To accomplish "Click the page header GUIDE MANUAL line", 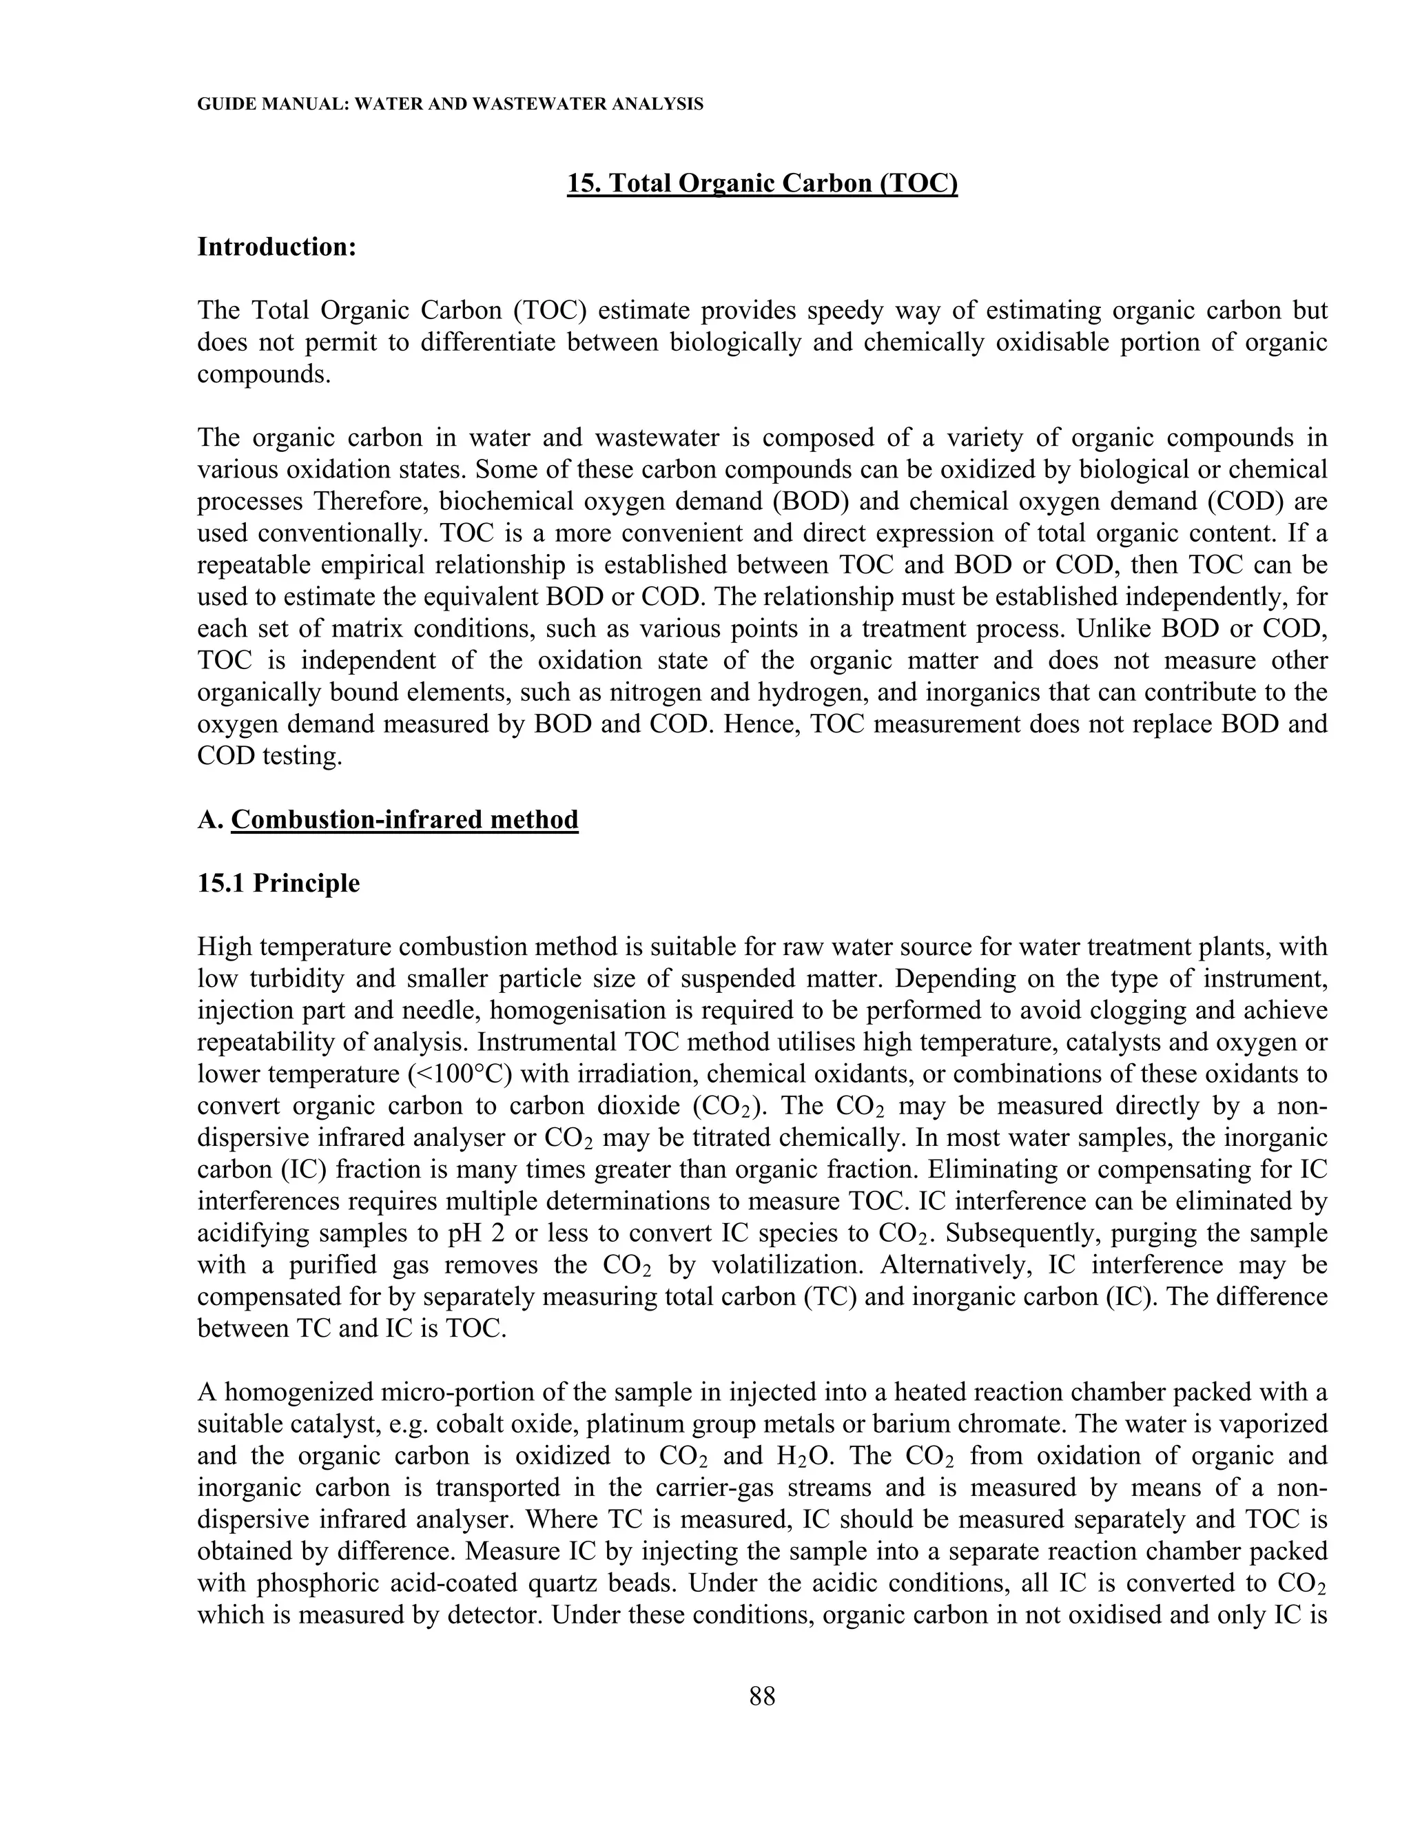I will pos(450,105).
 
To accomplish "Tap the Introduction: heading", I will pos(277,247).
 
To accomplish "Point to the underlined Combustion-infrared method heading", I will pos(404,819).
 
